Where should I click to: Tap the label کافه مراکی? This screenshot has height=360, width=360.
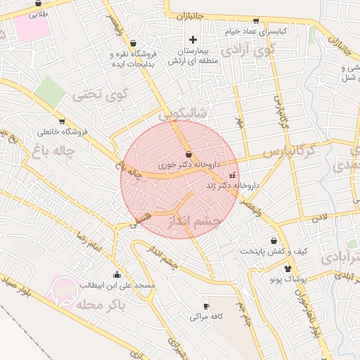(x=206, y=317)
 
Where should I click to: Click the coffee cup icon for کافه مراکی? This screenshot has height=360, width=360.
(x=206, y=306)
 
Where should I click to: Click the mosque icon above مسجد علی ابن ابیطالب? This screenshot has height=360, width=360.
(x=116, y=275)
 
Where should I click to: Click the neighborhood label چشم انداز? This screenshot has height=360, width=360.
(x=195, y=224)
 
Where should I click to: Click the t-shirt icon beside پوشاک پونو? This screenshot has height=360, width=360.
(x=288, y=269)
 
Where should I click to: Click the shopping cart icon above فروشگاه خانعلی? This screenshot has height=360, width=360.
(x=62, y=121)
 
